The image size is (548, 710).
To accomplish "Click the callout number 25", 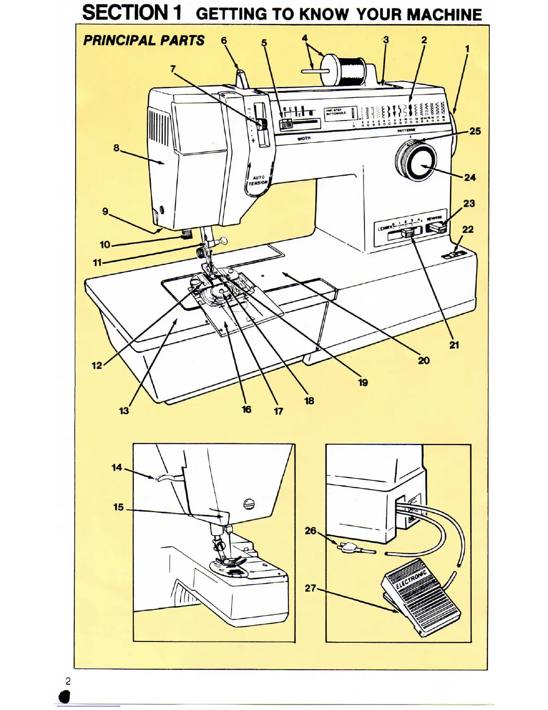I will click(475, 131).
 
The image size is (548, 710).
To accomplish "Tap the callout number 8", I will click(116, 147).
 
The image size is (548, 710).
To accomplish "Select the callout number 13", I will click(124, 411).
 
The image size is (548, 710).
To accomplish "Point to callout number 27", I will click(310, 588).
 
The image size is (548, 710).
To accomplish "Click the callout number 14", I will click(116, 468).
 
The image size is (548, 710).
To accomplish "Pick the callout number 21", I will click(454, 345).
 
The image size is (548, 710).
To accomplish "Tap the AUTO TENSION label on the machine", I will click(258, 180).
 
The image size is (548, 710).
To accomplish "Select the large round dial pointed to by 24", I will click(416, 160).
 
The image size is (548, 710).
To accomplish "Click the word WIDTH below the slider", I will click(304, 139).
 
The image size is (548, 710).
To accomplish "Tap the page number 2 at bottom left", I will click(68, 681).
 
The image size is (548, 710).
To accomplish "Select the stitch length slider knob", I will click(408, 233).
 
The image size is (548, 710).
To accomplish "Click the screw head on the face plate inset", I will click(248, 504).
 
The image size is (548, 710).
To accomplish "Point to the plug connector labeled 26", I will click(348, 547).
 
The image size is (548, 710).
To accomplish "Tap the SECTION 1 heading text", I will click(132, 13).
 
